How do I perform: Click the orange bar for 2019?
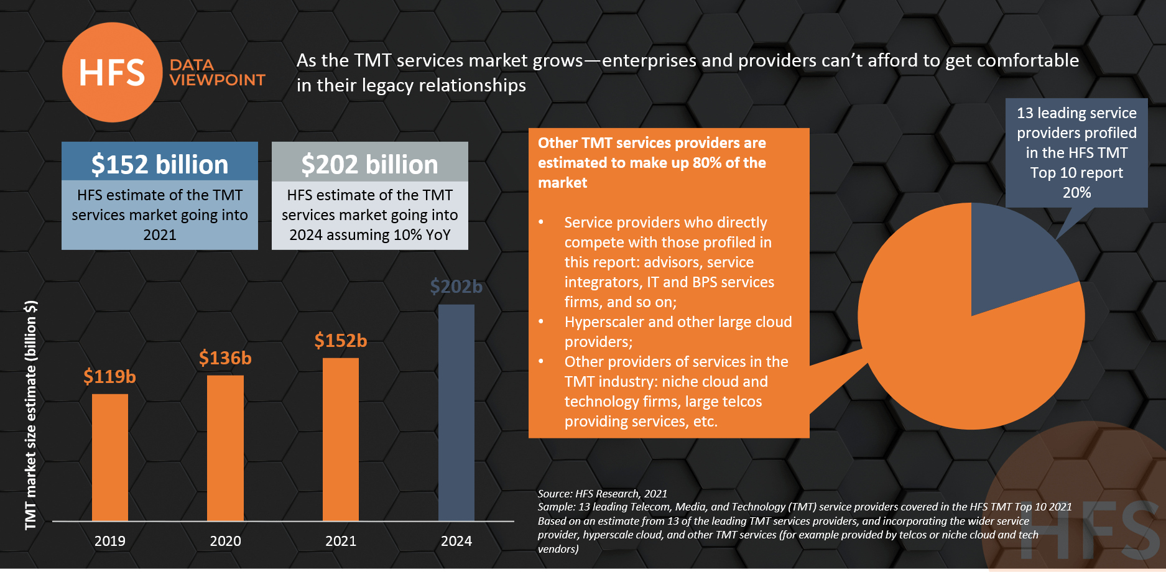tap(110, 457)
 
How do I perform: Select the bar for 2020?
tap(225, 448)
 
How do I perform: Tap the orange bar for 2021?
tap(341, 439)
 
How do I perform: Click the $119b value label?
tap(109, 377)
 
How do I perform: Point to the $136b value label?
tap(225, 358)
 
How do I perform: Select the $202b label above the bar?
tap(456, 287)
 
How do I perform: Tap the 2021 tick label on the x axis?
tap(341, 541)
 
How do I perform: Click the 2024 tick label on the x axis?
tap(456, 541)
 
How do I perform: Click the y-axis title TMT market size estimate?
tap(30, 415)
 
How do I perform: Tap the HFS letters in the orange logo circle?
tap(112, 73)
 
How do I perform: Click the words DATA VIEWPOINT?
tap(216, 73)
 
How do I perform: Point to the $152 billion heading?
tap(160, 164)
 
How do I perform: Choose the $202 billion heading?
tap(369, 164)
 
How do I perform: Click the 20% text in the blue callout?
tap(1076, 193)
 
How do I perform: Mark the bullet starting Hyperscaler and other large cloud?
tap(678, 331)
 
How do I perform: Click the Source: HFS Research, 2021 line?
tap(602, 494)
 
